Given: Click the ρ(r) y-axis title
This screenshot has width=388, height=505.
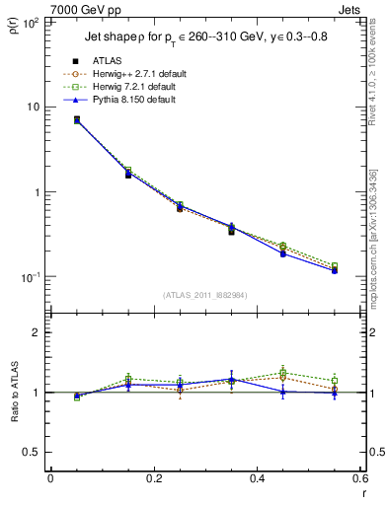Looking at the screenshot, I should pos(13,27).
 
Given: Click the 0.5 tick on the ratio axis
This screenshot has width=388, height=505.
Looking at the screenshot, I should pos(35,452).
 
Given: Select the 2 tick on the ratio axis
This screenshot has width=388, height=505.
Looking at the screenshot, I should pos(39,332).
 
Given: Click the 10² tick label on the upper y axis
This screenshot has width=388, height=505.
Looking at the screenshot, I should pos(31,21).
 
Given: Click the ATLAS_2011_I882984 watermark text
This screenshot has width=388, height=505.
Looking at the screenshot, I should pos(204,295).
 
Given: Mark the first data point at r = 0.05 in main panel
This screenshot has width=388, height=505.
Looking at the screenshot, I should pos(77,119).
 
